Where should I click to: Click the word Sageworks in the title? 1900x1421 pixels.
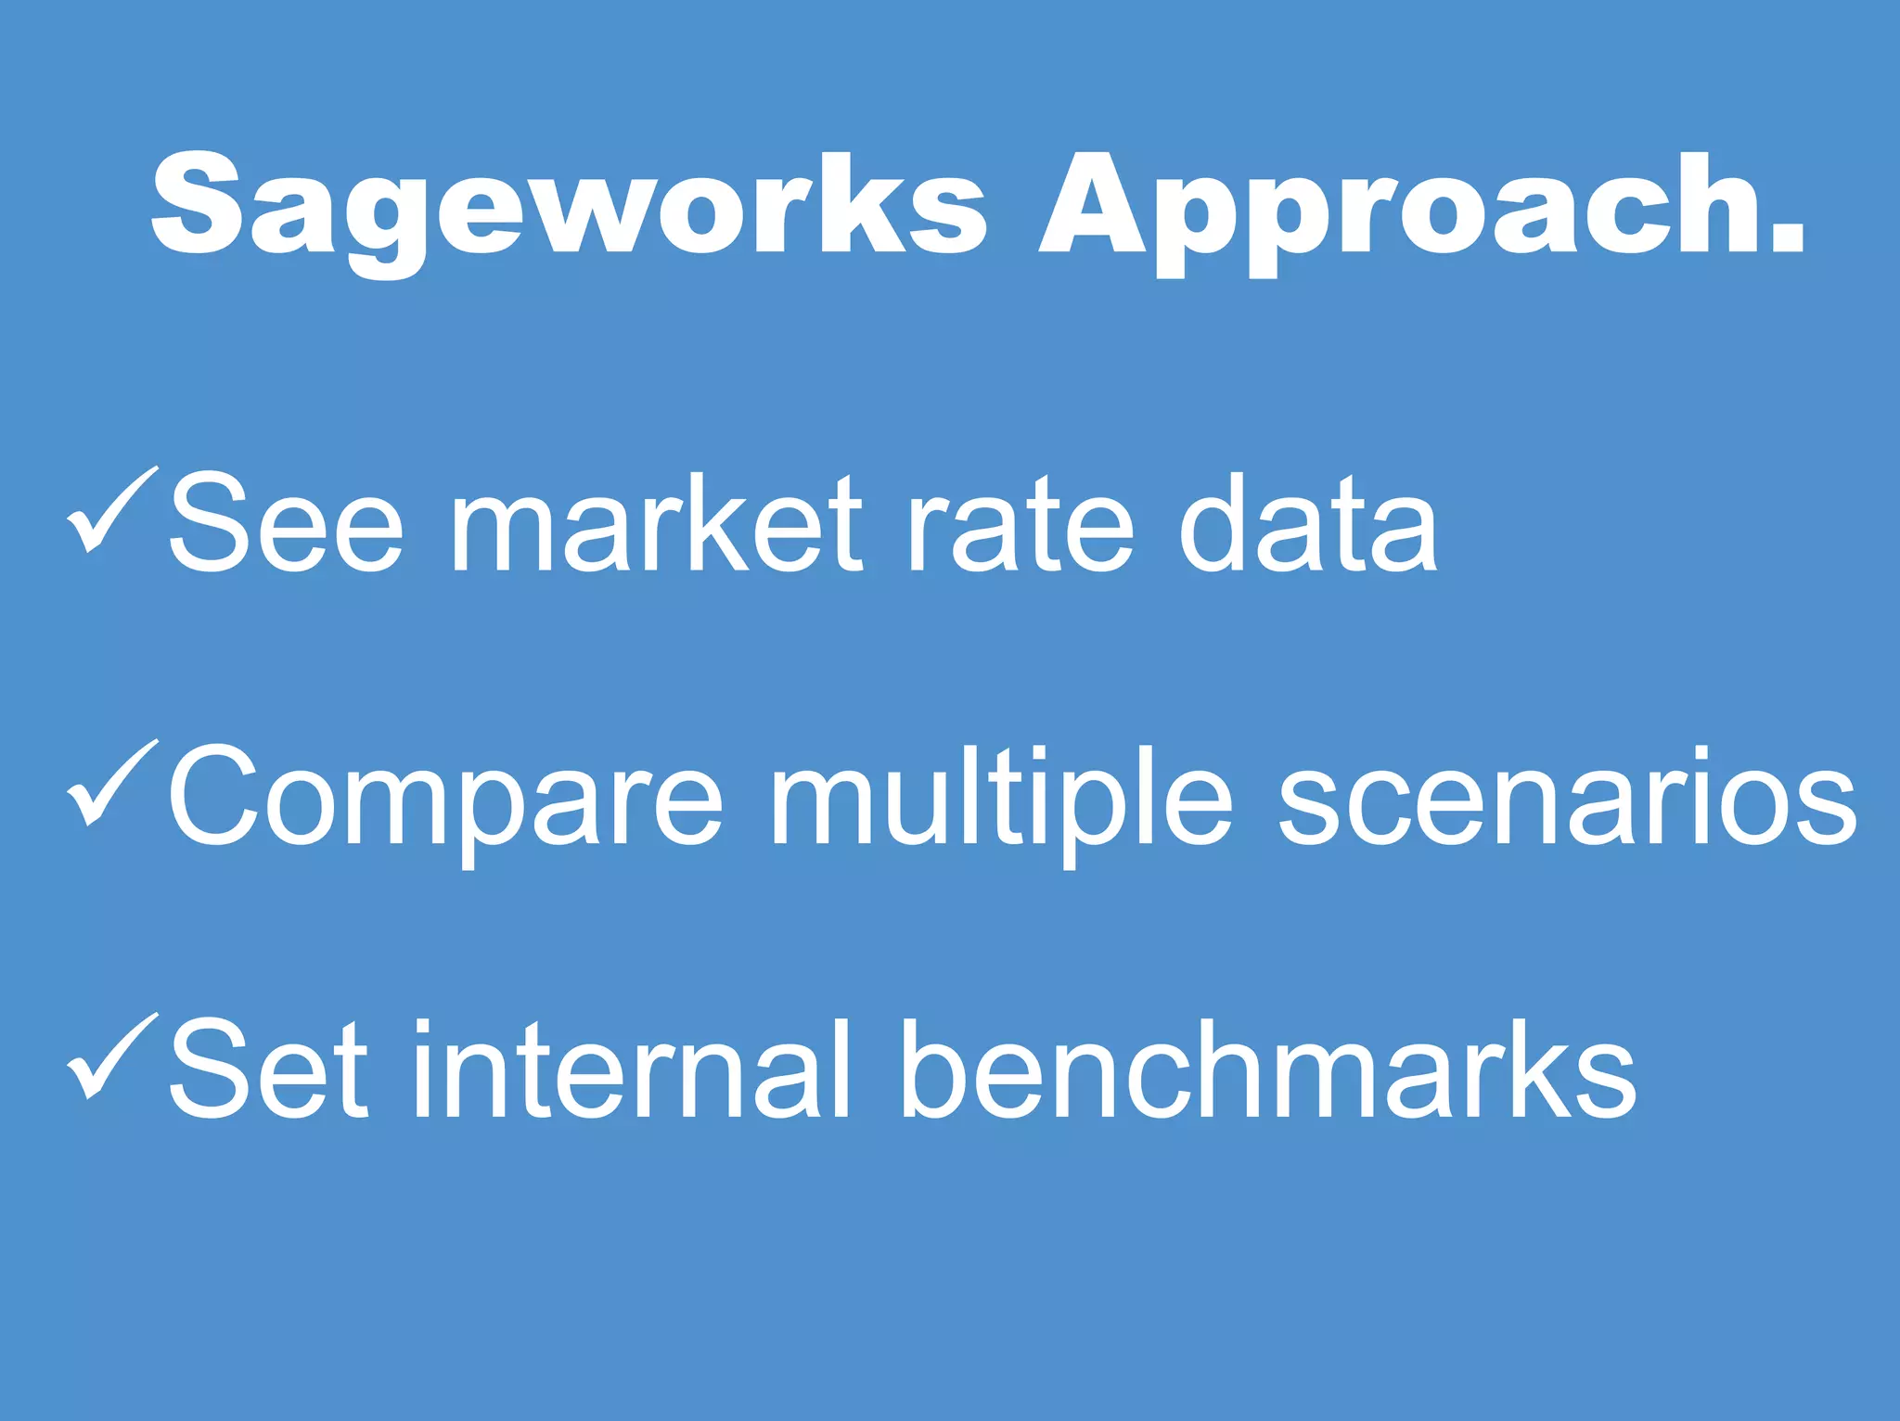[568, 206]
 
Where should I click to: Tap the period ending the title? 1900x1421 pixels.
[1786, 237]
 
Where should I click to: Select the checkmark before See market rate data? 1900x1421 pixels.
[111, 510]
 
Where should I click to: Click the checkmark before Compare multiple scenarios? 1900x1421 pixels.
[111, 784]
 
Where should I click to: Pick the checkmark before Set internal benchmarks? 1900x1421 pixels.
[111, 1057]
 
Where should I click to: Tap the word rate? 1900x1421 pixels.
[1021, 524]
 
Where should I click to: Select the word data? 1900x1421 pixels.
[1308, 524]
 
